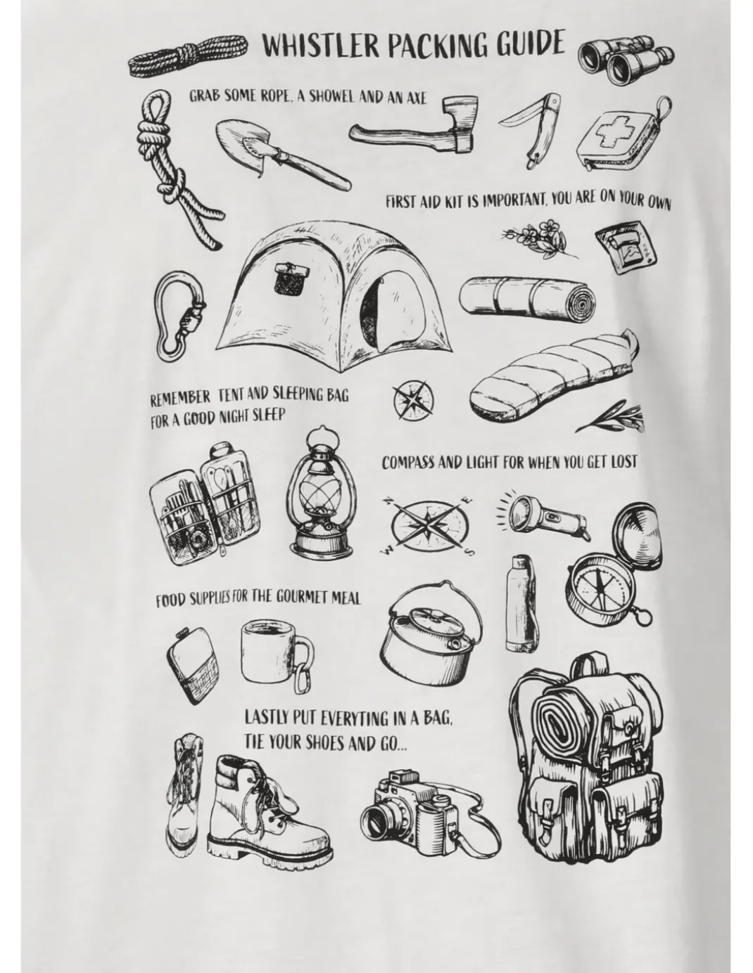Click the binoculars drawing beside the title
coord(625,61)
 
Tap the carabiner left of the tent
coord(180,310)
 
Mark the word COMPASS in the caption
coord(408,463)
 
